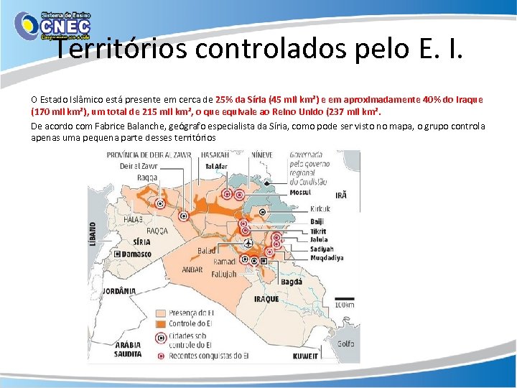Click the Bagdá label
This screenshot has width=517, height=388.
291,282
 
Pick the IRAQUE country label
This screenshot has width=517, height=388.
266,299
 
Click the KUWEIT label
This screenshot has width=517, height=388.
305,356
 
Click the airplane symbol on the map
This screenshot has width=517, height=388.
248,242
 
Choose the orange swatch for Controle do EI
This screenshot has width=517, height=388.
159,323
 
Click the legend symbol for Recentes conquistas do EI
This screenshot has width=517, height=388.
159,355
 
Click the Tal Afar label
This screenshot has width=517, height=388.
217,166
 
